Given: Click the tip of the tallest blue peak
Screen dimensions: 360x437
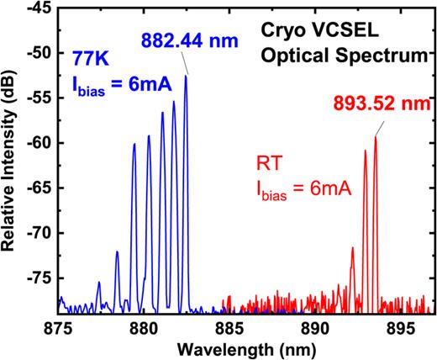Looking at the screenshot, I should [187, 77].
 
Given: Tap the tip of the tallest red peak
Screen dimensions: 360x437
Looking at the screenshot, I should [375, 137].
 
